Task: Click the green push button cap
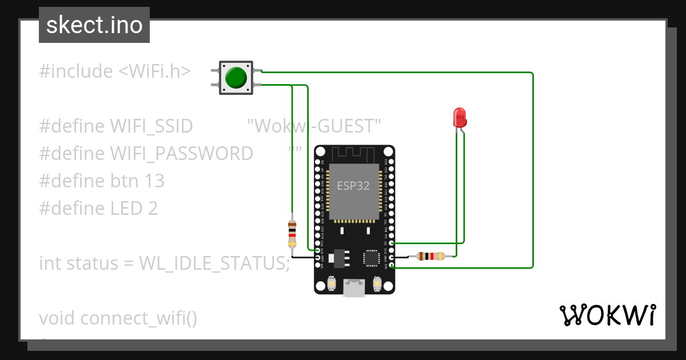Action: (236, 78)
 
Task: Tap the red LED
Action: (460, 117)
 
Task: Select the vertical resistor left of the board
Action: (292, 234)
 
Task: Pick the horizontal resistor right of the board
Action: (430, 257)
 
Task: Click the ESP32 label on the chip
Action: (353, 186)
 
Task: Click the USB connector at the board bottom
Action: (354, 287)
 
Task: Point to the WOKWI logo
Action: (607, 315)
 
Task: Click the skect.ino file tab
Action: (94, 25)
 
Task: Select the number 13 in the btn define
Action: (154, 181)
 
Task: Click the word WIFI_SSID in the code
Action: (151, 126)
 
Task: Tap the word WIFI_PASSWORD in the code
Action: (181, 154)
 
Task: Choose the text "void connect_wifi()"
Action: (118, 318)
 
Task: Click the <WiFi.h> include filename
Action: (154, 71)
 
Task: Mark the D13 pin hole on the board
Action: (319, 250)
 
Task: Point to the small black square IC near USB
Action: (370, 258)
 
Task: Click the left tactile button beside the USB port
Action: (332, 283)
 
